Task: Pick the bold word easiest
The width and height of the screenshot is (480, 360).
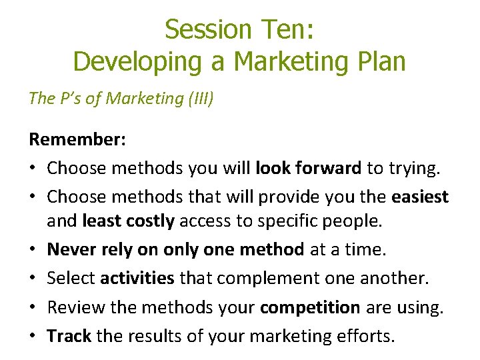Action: (x=420, y=197)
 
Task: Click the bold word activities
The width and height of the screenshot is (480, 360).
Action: (x=138, y=278)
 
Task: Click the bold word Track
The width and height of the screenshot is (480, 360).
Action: (x=69, y=336)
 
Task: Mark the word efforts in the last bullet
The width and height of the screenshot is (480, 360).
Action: (x=365, y=336)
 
